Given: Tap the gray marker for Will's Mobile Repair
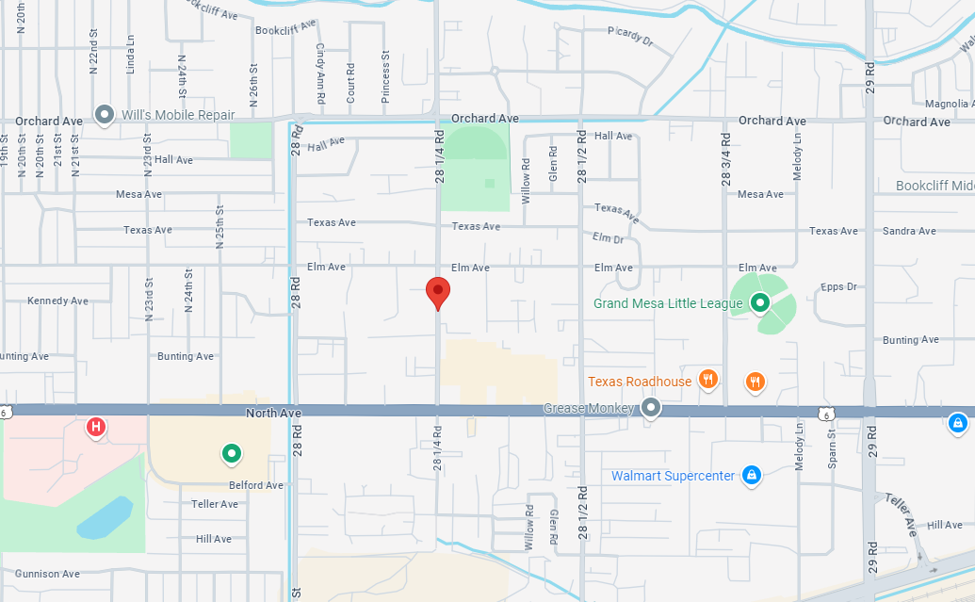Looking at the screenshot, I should (105, 115).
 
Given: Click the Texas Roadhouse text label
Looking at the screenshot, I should (641, 382).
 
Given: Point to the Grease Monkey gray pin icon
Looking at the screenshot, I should (651, 409).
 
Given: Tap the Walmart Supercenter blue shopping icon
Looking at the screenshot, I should (751, 475).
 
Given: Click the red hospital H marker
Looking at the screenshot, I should (95, 429).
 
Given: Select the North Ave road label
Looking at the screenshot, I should (273, 413).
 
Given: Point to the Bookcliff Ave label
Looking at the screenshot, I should (286, 30).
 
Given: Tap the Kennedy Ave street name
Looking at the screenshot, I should (57, 301).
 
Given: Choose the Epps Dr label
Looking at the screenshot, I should (837, 286).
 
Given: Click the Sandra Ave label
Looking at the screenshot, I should (909, 231).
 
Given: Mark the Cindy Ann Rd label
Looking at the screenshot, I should (321, 73).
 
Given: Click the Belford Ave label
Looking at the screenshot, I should (257, 485).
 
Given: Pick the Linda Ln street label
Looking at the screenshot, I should (131, 55).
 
